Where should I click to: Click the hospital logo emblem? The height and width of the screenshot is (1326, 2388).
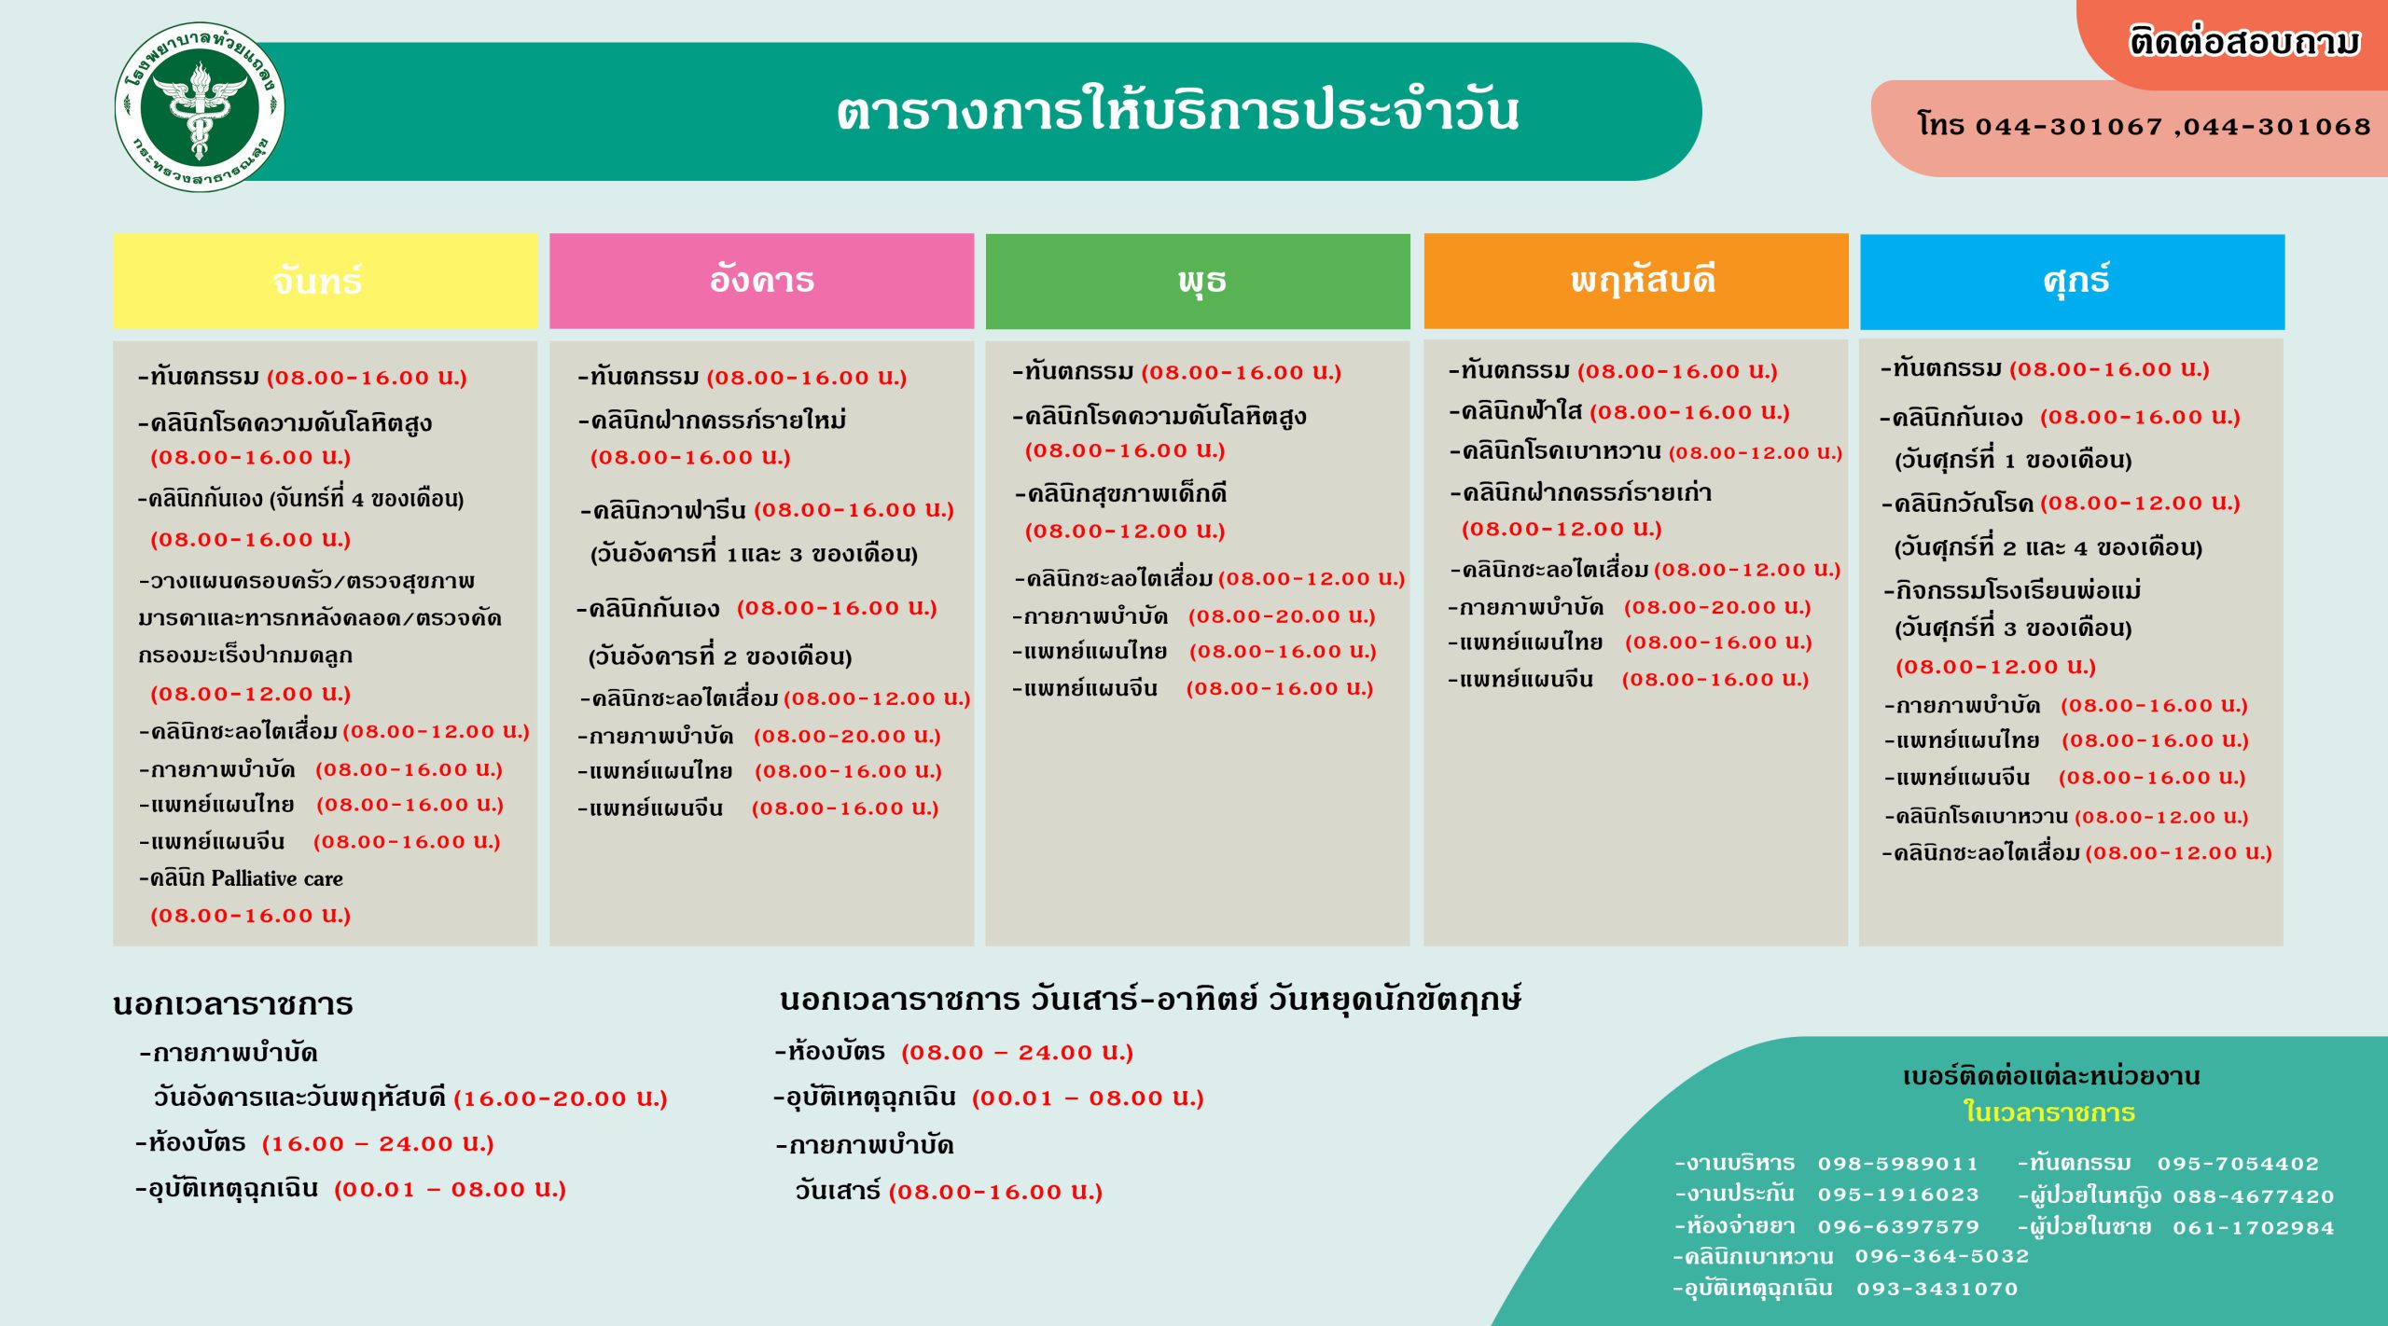pyautogui.click(x=200, y=107)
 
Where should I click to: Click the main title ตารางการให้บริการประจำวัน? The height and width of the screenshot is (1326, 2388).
pyautogui.click(x=1177, y=111)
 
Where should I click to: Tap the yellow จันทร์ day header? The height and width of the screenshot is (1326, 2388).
pyautogui.click(x=325, y=281)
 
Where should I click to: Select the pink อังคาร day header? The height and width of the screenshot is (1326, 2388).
pyautogui.click(x=761, y=281)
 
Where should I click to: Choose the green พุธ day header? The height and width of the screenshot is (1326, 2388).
pyautogui.click(x=1198, y=281)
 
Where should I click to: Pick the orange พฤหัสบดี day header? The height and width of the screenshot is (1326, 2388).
pyautogui.click(x=1635, y=281)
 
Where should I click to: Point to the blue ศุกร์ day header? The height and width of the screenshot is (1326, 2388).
pyautogui.click(x=2072, y=281)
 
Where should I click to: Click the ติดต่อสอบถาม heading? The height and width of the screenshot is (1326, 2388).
pyautogui.click(x=2244, y=42)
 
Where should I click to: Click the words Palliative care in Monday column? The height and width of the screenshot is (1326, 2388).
pyautogui.click(x=277, y=878)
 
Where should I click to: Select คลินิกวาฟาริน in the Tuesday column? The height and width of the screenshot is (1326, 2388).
pyautogui.click(x=669, y=510)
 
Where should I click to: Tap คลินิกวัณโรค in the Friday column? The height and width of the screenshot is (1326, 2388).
pyautogui.click(x=1964, y=504)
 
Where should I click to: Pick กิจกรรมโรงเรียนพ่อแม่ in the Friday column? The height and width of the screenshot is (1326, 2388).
pyautogui.click(x=2018, y=590)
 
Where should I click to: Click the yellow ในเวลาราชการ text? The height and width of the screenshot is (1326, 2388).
pyautogui.click(x=2049, y=1112)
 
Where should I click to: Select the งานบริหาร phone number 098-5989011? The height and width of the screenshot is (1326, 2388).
pyautogui.click(x=1898, y=1164)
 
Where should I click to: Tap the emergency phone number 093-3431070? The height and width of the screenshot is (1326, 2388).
pyautogui.click(x=1937, y=1289)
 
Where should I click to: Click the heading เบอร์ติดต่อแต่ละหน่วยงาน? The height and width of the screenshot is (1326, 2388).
pyautogui.click(x=2051, y=1076)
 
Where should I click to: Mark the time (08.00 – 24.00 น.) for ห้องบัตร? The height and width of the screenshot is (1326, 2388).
pyautogui.click(x=1017, y=1053)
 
